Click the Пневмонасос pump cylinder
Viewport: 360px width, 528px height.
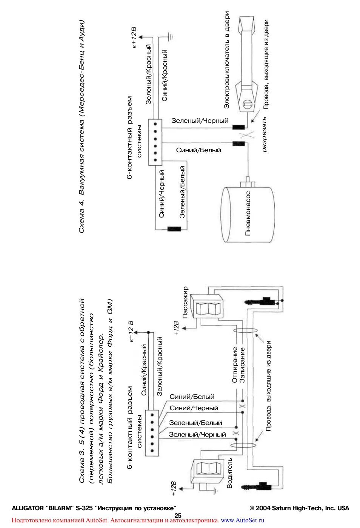point(248,214)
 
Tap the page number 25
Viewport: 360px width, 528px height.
point(178,515)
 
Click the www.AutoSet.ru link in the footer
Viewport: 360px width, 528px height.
point(243,520)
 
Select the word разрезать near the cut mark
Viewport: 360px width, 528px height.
point(264,134)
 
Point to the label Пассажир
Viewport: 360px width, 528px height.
point(185,303)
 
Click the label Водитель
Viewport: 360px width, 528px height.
point(229,473)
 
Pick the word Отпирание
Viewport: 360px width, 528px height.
point(235,365)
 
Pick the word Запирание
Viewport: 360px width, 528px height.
point(242,365)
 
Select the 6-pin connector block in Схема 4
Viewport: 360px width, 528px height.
point(155,142)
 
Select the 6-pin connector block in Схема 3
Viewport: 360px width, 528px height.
point(152,432)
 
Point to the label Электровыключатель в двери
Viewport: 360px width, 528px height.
point(227,60)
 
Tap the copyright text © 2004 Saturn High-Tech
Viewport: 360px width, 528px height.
point(299,508)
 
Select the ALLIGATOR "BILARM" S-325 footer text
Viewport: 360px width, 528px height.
point(94,508)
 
